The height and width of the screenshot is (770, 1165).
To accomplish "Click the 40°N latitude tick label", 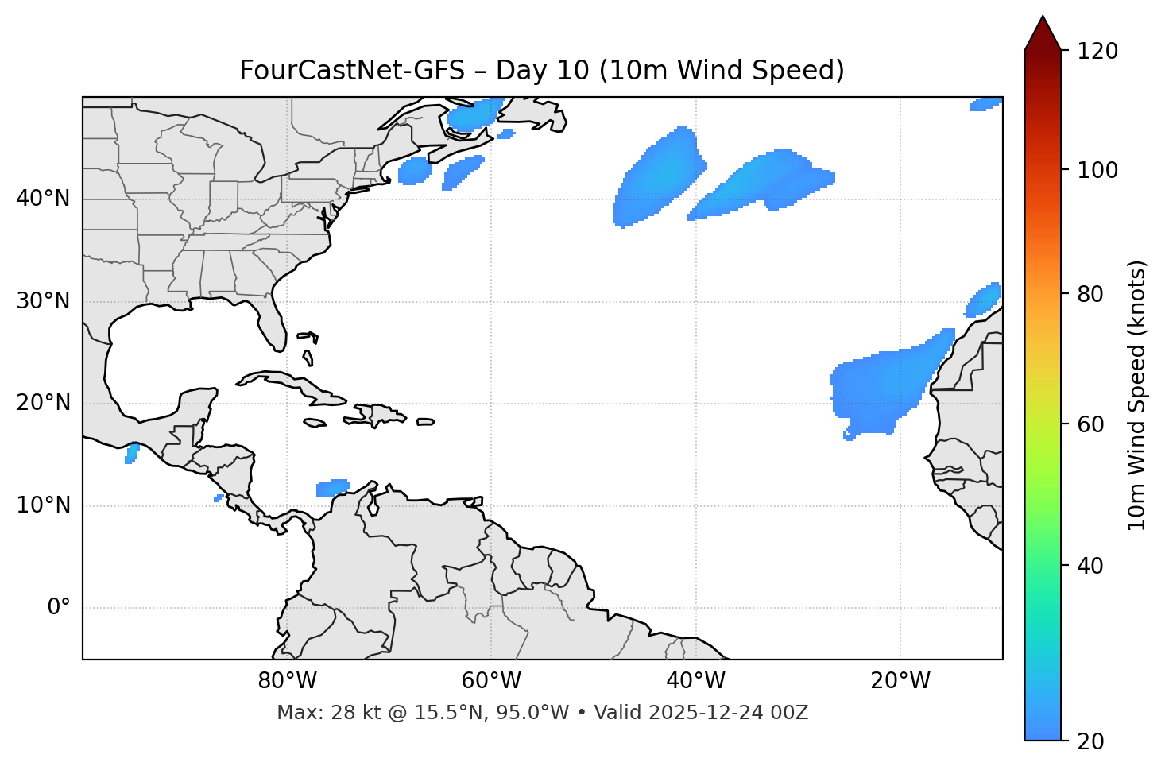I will [43, 199].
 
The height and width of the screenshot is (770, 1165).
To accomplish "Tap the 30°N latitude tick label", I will [43, 301].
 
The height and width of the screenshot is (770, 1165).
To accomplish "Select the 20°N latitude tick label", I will [43, 403].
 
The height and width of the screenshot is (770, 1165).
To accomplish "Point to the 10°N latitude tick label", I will [43, 505].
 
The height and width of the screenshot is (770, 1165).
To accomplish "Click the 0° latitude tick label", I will [59, 608].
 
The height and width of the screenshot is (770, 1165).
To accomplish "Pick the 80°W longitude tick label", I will [287, 681].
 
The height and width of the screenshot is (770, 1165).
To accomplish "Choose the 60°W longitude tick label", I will [491, 681].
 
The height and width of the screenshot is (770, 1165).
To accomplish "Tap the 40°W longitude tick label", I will [695, 681].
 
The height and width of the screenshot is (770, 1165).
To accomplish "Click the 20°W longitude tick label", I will [900, 681].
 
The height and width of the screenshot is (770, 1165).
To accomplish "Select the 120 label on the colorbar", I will [1097, 52].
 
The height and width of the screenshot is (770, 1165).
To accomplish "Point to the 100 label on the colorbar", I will [1097, 170].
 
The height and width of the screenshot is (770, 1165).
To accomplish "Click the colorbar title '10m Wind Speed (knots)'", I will [1138, 395].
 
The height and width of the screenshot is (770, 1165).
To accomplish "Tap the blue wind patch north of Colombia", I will [332, 488].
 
